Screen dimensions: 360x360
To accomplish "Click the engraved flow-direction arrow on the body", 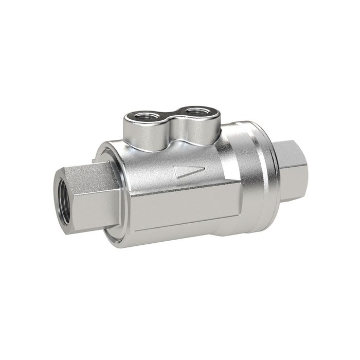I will tap(189, 172).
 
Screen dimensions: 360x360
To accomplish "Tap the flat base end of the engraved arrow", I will tap(176, 173).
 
